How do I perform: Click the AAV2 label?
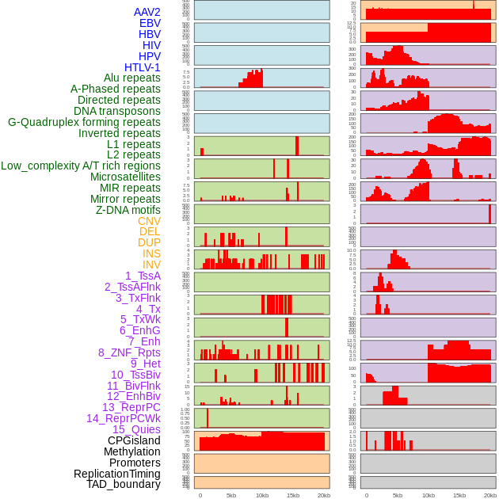[147, 12]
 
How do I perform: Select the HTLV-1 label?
[142, 67]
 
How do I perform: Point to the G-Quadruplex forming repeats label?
[84, 122]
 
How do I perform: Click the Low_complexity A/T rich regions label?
[81, 166]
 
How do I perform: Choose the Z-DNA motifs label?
[128, 210]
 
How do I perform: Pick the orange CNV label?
[149, 221]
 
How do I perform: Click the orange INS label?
[151, 253]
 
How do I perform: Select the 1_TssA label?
[143, 276]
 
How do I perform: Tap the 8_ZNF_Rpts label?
[129, 352]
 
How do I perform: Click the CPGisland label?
[134, 440]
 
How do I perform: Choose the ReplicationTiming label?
[116, 474]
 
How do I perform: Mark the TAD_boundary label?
[123, 484]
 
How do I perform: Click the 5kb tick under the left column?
[231, 495]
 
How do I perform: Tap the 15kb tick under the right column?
[459, 495]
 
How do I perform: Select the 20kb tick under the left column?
[323, 495]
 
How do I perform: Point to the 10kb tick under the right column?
[428, 495]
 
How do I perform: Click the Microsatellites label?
[125, 177]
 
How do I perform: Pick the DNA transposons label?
[117, 111]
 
